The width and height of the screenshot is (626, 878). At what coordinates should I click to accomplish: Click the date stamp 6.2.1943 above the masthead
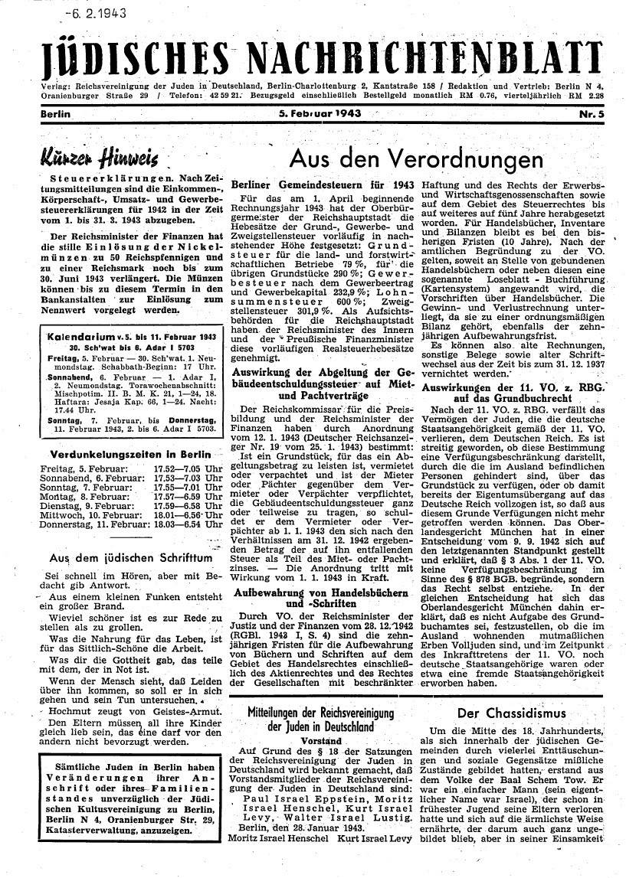(96, 13)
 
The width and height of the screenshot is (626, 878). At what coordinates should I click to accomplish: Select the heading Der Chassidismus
(511, 713)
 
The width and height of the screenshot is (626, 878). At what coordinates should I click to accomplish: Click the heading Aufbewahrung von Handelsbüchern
(320, 593)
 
